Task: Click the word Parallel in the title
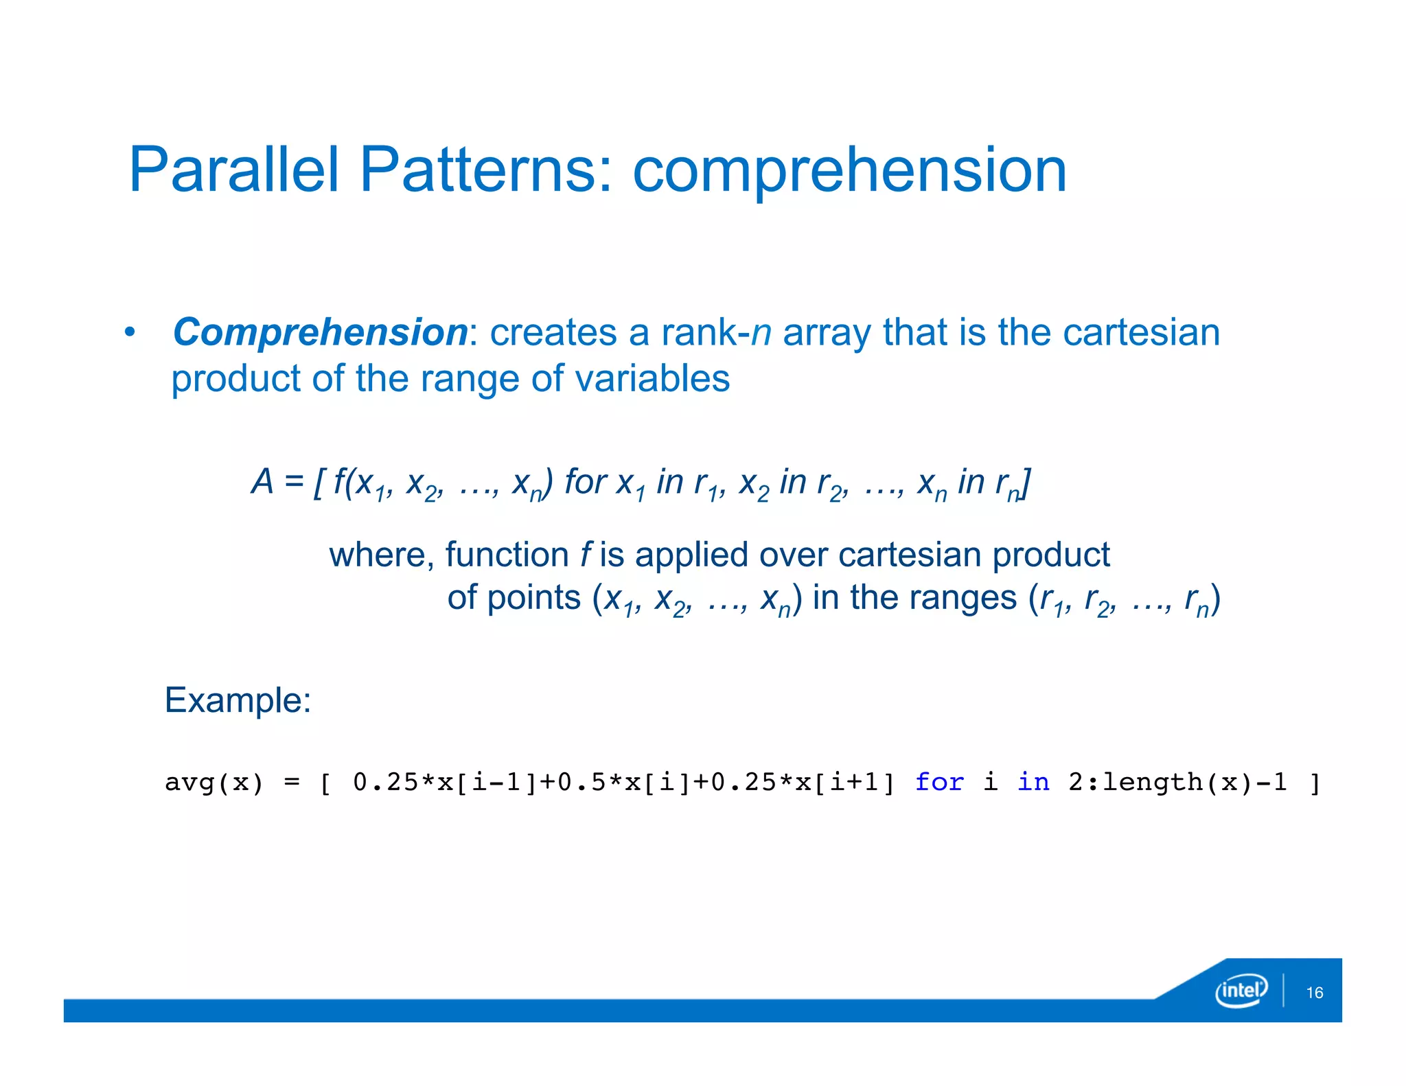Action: (233, 170)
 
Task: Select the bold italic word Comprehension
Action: (320, 332)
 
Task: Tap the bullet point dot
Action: (129, 333)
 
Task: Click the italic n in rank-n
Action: (761, 332)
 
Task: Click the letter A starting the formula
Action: (262, 481)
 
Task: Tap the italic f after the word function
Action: (585, 555)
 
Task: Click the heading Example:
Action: (238, 700)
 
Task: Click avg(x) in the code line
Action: (214, 783)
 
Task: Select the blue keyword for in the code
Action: (938, 782)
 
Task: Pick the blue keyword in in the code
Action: (1033, 782)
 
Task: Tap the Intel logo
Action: (1241, 991)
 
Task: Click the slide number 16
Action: (1314, 993)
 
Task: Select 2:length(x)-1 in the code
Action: (1177, 783)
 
